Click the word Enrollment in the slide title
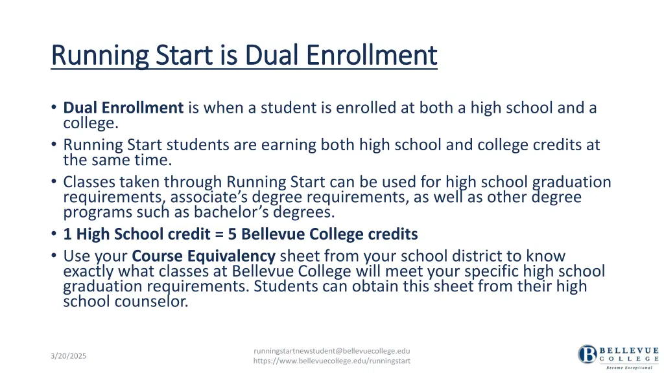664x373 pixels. coord(372,55)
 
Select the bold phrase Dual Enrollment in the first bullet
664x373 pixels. coord(123,108)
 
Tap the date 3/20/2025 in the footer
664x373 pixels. coord(69,356)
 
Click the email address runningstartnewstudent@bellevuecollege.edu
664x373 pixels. coord(331,350)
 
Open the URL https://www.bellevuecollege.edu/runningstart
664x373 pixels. coord(331,361)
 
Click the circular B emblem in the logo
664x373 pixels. coord(587,354)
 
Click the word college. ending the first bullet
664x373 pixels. coord(91,122)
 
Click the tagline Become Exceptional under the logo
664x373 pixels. coord(629,367)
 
